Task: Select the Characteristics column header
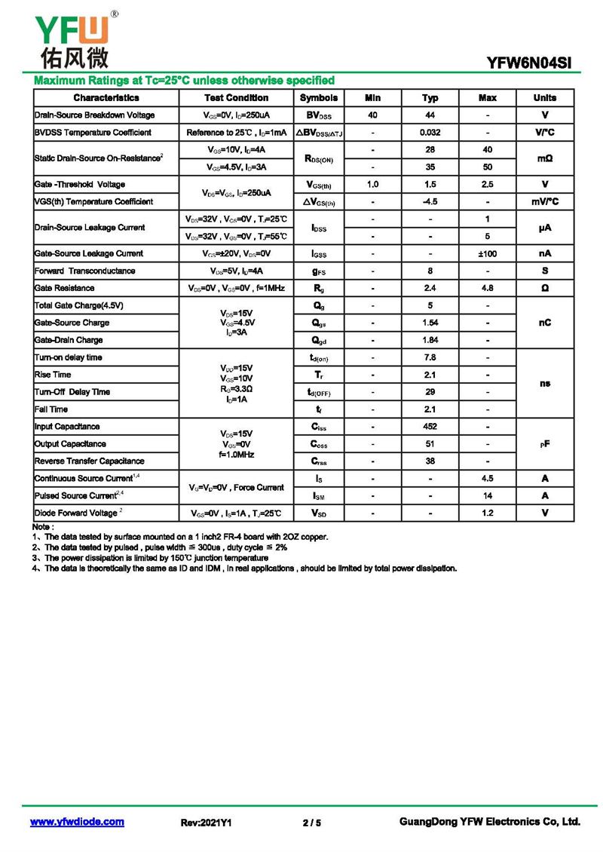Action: pos(106,98)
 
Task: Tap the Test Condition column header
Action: pos(236,98)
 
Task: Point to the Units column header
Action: pos(544,98)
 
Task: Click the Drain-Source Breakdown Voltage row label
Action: pos(95,115)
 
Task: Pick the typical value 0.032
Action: pos(430,133)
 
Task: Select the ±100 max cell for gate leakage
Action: pos(488,254)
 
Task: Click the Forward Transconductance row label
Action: pos(85,271)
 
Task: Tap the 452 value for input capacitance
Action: pos(430,427)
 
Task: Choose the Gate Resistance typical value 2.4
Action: pos(430,289)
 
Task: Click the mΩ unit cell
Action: pos(544,158)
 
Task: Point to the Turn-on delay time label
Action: pos(69,357)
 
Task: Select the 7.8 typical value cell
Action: pos(430,357)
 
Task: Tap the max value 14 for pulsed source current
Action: pos(488,496)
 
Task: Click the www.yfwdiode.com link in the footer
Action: pos(77,822)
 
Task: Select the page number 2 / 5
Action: pos(311,823)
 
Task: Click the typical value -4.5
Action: pos(430,202)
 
